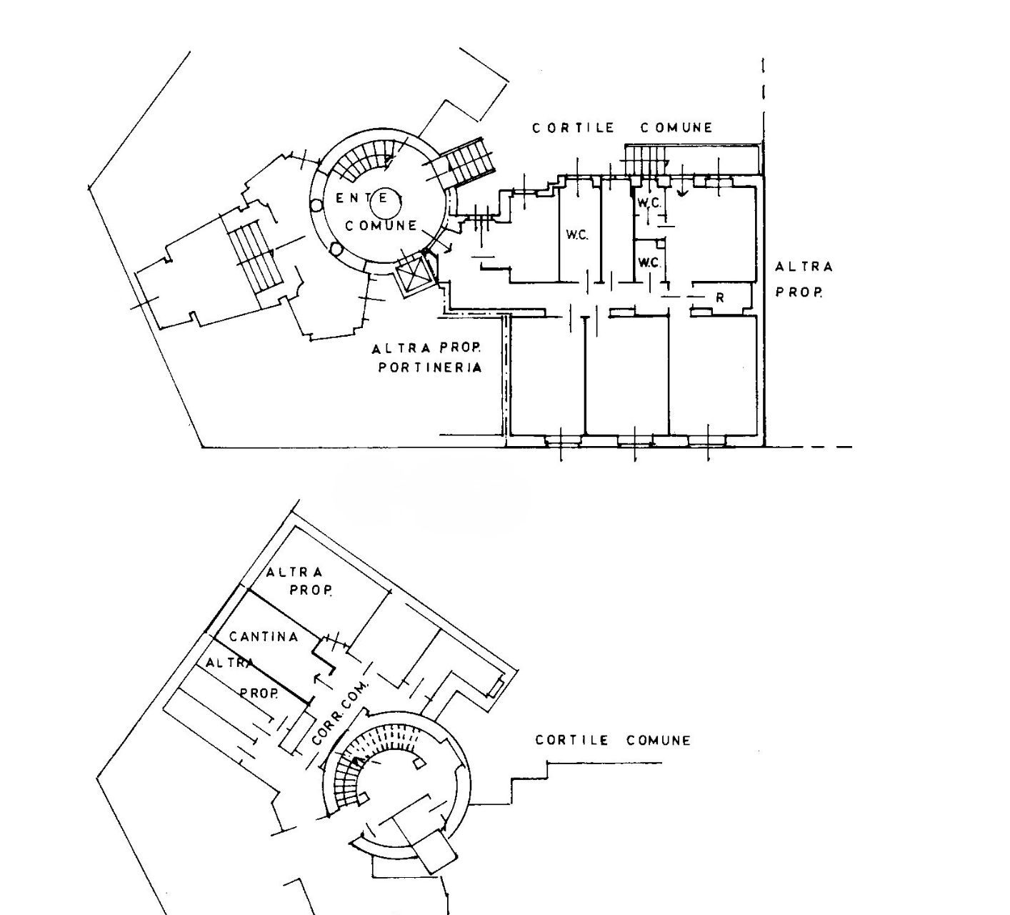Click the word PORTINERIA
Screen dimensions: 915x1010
click(x=429, y=367)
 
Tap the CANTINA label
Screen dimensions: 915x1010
click(x=264, y=636)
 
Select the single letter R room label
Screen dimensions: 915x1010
click(x=720, y=297)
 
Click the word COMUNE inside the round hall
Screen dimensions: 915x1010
click(x=381, y=226)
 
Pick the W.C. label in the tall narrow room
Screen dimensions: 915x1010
click(x=577, y=234)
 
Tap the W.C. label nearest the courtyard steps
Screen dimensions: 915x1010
click(x=649, y=203)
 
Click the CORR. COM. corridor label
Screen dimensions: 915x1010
click(x=341, y=713)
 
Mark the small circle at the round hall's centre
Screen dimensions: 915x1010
click(x=386, y=207)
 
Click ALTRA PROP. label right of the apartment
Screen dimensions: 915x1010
click(x=803, y=279)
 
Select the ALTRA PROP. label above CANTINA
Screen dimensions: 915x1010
click(x=300, y=580)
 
